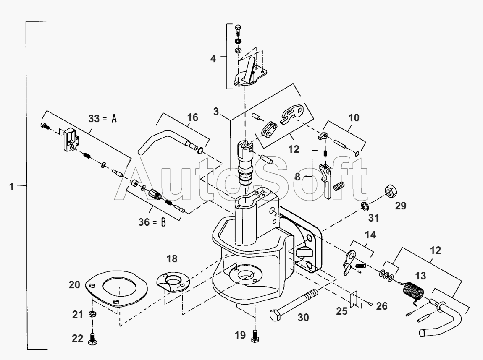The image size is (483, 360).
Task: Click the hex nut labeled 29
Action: [x=391, y=191]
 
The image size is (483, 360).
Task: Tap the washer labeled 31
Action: [x=365, y=206]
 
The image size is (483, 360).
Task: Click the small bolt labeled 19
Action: [x=255, y=336]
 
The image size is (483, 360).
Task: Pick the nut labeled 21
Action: [x=92, y=314]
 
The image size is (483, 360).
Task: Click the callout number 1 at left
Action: [x=12, y=186]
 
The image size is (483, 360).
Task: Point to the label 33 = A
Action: [x=102, y=118]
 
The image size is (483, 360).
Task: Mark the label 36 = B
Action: [x=152, y=222]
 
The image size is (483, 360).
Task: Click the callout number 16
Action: [x=192, y=117]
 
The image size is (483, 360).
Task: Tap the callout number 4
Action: [x=213, y=58]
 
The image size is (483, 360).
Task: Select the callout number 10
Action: [x=354, y=117]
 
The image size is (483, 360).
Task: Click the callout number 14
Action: [x=370, y=235]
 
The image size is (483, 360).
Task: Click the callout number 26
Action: [x=381, y=306]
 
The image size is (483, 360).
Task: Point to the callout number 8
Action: [x=297, y=177]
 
